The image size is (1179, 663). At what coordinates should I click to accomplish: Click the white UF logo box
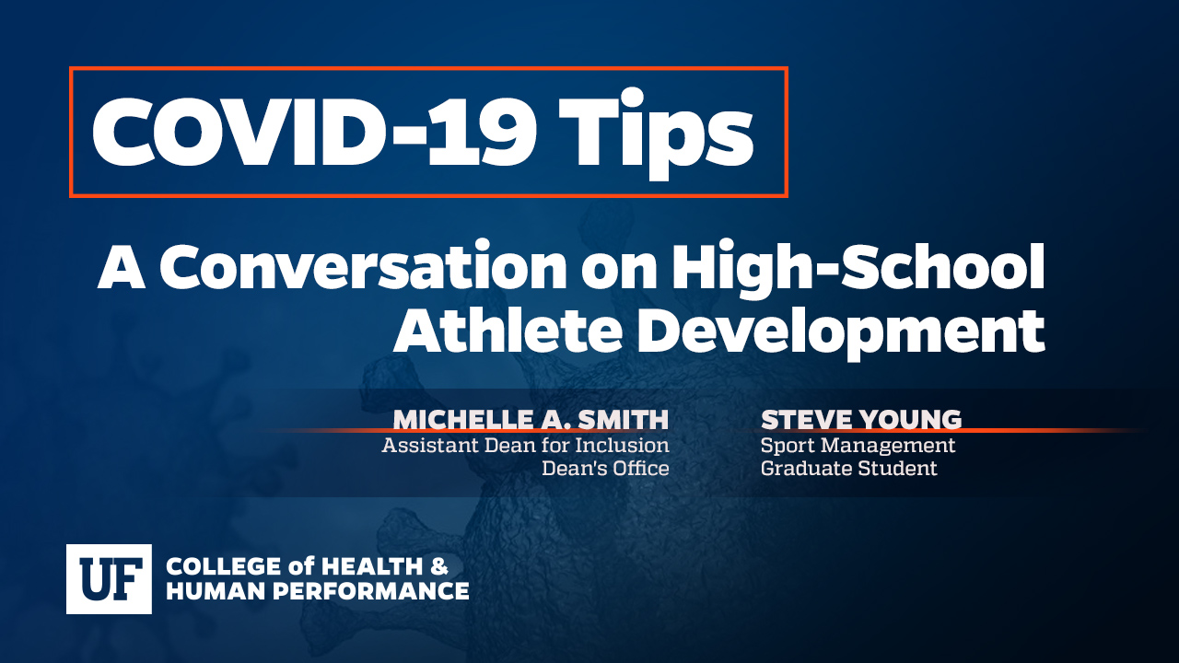click(x=109, y=579)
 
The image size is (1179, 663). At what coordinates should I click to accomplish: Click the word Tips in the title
click(x=655, y=134)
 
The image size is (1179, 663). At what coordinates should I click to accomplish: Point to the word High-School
click(x=858, y=268)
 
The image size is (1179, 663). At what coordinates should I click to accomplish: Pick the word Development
click(x=843, y=334)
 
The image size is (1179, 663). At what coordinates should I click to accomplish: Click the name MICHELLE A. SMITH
click(x=531, y=420)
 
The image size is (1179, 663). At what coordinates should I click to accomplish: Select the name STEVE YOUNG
click(x=861, y=420)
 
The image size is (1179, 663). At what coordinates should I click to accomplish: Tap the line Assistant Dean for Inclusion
click(x=525, y=445)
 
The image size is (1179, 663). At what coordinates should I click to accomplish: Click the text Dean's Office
click(x=605, y=469)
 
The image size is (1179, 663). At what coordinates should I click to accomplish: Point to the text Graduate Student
click(x=849, y=469)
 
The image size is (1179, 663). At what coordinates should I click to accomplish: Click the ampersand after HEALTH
click(x=439, y=566)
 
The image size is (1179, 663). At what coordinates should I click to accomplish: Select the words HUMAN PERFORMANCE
click(x=318, y=591)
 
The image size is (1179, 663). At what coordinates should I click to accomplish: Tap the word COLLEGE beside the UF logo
click(x=224, y=566)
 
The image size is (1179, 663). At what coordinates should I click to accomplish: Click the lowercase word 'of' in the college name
click(x=300, y=566)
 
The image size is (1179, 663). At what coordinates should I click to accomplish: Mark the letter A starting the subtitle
click(x=122, y=267)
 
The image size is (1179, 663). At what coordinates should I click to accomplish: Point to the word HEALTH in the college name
click(x=372, y=566)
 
